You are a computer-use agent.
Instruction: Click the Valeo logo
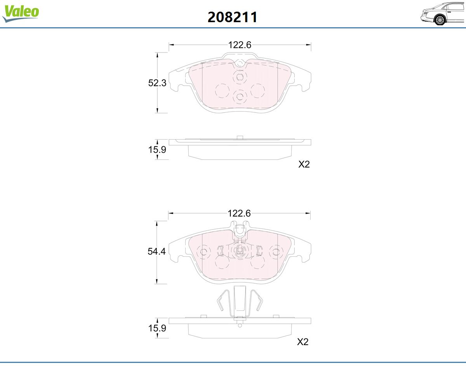21,13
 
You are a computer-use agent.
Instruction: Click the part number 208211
233,17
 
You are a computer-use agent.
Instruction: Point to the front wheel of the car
440,20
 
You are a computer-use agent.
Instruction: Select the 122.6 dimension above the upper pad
240,45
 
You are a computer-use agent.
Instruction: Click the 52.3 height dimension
157,83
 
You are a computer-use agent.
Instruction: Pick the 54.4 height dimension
156,252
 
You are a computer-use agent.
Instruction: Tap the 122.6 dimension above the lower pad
239,214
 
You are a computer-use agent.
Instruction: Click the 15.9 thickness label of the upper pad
157,149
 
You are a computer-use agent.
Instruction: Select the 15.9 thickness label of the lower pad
157,328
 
